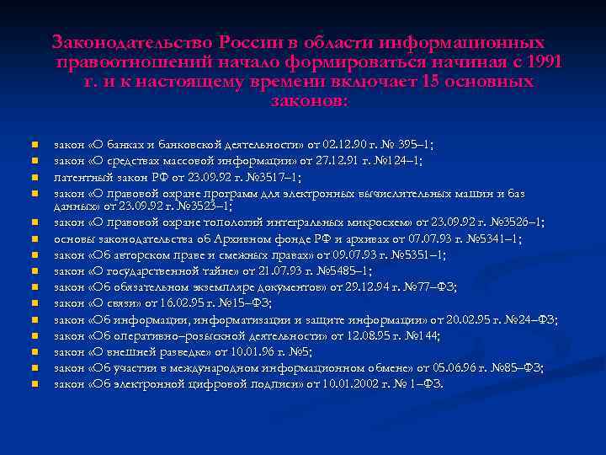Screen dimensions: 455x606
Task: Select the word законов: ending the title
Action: pos(308,101)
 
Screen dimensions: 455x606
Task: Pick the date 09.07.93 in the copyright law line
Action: pos(354,254)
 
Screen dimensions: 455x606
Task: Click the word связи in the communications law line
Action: pos(117,303)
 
